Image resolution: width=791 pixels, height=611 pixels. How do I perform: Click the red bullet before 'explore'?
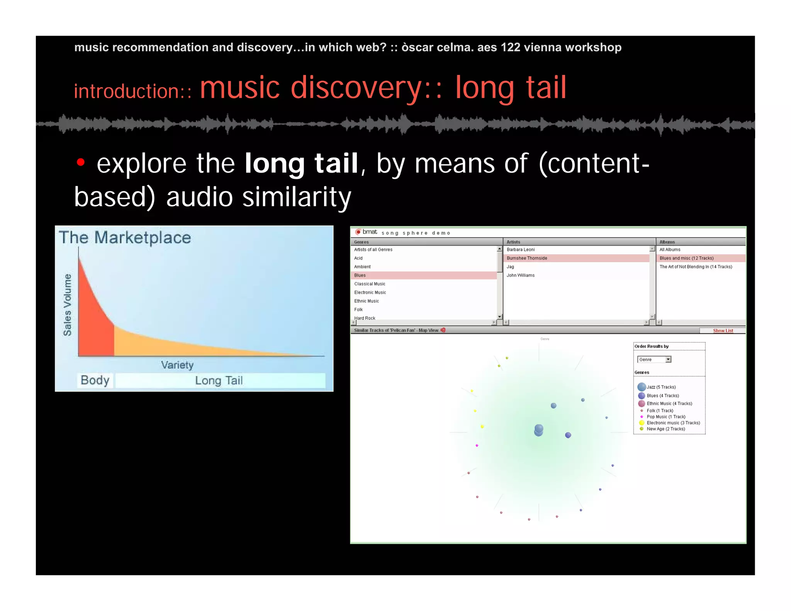pyautogui.click(x=80, y=162)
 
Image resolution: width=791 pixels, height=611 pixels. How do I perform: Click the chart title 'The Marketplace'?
pyautogui.click(x=125, y=238)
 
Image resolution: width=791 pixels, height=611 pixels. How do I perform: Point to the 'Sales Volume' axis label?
pyautogui.click(x=68, y=305)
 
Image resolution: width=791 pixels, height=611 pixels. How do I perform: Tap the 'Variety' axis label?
pyautogui.click(x=177, y=365)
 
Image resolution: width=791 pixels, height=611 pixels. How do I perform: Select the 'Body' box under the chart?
pyautogui.click(x=95, y=380)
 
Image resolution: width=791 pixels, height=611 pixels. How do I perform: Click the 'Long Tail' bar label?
pyautogui.click(x=219, y=381)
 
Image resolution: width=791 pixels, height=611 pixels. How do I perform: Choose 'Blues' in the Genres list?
pyautogui.click(x=360, y=275)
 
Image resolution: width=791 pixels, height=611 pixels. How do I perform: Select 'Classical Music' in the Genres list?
pyautogui.click(x=370, y=284)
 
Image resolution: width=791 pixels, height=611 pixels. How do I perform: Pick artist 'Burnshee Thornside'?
pyautogui.click(x=527, y=258)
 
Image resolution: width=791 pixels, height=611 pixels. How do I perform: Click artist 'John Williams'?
pyautogui.click(x=521, y=275)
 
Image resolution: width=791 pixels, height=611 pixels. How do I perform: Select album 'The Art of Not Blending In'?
pyautogui.click(x=696, y=267)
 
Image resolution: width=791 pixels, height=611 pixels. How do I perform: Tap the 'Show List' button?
pyautogui.click(x=723, y=331)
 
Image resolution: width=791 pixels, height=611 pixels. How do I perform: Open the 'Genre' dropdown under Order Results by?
pyautogui.click(x=668, y=360)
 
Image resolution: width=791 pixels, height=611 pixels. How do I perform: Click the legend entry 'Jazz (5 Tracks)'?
pyautogui.click(x=661, y=387)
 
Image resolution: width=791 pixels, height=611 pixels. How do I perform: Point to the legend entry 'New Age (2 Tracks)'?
pyautogui.click(x=665, y=429)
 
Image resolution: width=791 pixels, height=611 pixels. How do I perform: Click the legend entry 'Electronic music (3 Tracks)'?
pyautogui.click(x=673, y=423)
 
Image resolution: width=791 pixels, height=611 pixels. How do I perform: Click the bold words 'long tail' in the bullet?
pyautogui.click(x=301, y=163)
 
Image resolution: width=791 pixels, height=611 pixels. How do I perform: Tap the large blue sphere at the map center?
pyautogui.click(x=539, y=429)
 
